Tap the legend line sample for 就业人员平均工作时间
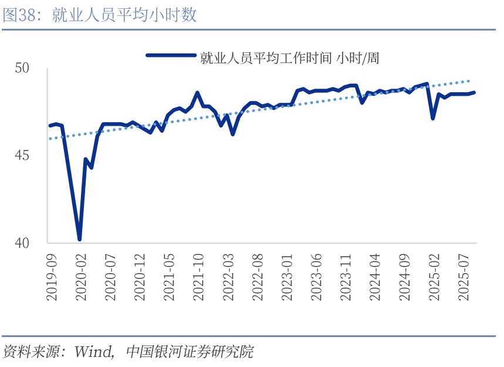click(170, 56)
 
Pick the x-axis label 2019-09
click(52, 278)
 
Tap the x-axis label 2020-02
click(81, 278)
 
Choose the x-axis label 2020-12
click(140, 278)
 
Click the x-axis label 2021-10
click(198, 278)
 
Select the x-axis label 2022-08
click(257, 278)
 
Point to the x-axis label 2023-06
click(316, 278)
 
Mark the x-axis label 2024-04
click(374, 278)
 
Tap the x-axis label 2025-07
click(464, 278)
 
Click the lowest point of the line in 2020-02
click(79, 239)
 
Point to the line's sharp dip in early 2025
click(433, 119)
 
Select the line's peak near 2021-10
click(197, 93)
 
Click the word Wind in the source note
click(93, 352)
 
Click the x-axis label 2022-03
click(228, 278)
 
